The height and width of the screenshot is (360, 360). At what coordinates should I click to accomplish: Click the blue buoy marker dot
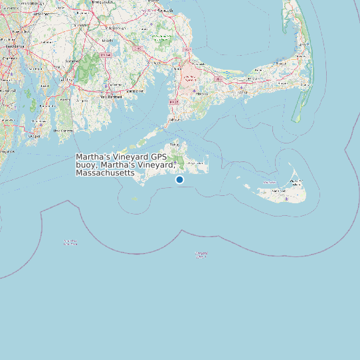click(x=179, y=180)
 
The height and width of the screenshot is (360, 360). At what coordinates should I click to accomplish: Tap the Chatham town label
click(x=306, y=85)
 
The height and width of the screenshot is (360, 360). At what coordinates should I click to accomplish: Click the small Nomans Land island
click(x=134, y=199)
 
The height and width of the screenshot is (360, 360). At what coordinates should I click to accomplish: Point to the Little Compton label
click(x=64, y=131)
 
